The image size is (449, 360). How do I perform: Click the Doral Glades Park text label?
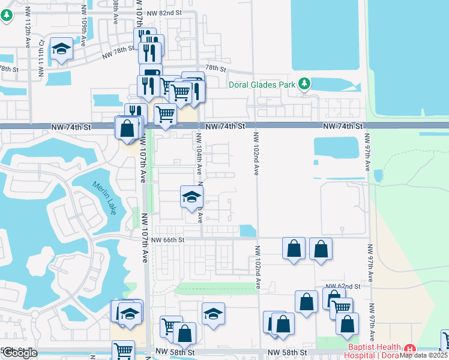click(x=262, y=85)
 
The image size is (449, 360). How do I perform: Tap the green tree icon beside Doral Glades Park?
click(x=304, y=83)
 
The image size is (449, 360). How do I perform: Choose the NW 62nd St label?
click(x=343, y=287)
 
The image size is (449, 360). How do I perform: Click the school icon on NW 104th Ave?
click(x=192, y=196)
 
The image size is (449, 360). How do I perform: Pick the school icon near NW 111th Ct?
click(x=61, y=48)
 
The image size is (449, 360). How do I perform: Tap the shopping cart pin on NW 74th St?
click(x=165, y=113)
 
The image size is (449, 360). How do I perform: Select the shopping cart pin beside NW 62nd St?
click(x=341, y=308)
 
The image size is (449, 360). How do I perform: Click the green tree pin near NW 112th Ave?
click(x=7, y=15)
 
